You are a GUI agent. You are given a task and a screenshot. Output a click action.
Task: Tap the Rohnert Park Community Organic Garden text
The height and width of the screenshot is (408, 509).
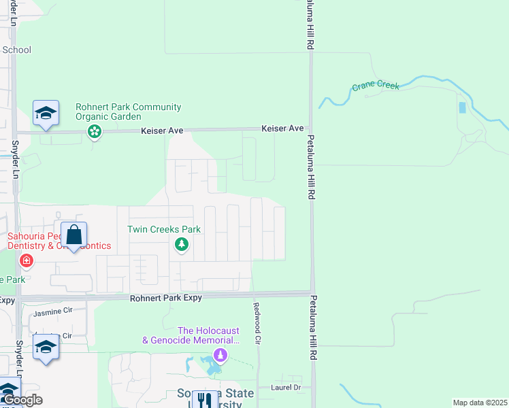(128, 112)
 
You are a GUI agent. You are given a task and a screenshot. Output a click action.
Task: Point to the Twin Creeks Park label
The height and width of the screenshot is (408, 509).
(164, 229)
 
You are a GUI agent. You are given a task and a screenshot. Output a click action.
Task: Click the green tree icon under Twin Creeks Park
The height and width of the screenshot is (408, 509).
(181, 245)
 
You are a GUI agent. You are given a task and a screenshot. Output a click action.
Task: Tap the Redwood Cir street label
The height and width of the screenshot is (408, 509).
(257, 322)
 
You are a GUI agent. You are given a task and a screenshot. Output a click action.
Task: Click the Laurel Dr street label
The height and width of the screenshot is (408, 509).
(288, 388)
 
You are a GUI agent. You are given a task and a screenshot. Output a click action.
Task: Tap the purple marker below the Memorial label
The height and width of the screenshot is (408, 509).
(219, 354)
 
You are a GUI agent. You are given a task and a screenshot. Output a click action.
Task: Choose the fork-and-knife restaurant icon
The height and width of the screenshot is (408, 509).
(203, 401)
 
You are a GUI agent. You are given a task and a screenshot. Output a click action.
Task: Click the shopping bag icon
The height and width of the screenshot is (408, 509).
(73, 235)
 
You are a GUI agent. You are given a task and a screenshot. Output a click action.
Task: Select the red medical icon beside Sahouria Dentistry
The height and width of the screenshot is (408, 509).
(27, 260)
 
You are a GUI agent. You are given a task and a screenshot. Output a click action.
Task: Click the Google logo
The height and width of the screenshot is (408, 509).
(22, 400)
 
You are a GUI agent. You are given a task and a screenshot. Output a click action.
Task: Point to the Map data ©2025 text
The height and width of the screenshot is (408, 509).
(480, 403)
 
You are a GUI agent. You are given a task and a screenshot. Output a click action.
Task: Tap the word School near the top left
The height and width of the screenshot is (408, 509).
(16, 50)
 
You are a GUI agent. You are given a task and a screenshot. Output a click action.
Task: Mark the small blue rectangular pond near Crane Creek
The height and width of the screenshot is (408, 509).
(463, 107)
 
